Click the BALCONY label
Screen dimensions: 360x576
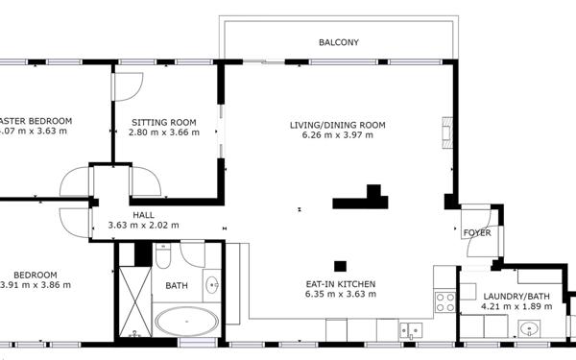pos(338,42)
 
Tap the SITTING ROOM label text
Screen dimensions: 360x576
pos(156,122)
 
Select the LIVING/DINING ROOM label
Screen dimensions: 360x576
pos(337,125)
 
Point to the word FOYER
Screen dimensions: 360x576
pos(477,233)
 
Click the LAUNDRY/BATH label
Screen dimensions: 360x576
pos(517,296)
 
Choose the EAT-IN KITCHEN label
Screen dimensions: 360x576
pos(340,284)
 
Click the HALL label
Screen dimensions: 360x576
pos(143,215)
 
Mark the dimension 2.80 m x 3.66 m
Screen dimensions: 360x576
pos(156,132)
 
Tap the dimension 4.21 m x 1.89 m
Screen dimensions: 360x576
pos(517,307)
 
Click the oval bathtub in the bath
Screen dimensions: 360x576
pos(188,322)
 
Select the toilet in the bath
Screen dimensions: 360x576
pos(163,259)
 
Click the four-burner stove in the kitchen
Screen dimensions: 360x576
pos(445,302)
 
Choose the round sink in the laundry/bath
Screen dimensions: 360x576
pos(528,330)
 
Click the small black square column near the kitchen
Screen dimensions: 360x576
pos(340,266)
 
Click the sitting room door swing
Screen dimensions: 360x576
pos(126,85)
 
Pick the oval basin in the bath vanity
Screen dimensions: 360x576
pos(211,285)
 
